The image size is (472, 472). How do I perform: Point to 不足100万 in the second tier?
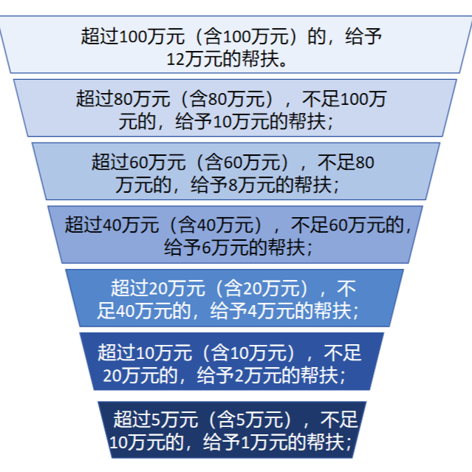(347, 99)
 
